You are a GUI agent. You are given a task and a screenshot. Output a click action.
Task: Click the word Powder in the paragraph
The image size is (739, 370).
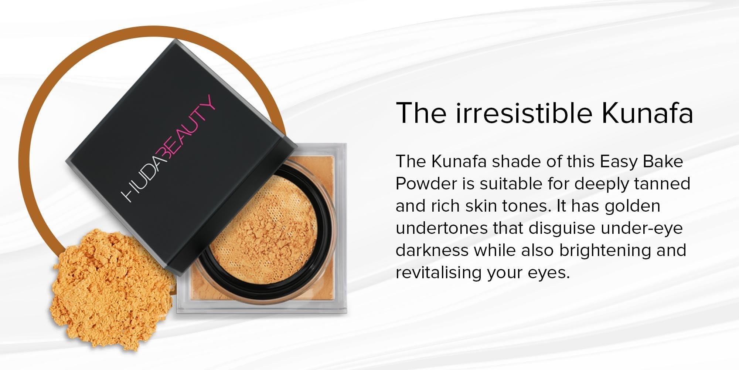(426, 184)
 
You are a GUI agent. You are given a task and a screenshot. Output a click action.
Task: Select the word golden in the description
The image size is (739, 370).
(632, 206)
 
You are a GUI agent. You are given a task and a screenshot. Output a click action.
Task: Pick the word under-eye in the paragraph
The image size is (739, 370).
(641, 228)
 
